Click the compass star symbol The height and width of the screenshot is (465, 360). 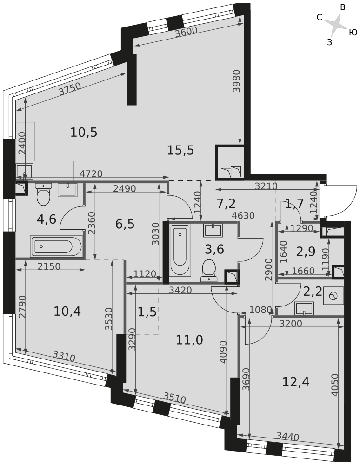[x=336, y=25]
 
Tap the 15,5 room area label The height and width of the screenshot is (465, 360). [x=180, y=150]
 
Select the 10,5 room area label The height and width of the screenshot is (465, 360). [x=84, y=133]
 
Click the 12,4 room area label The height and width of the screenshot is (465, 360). [x=296, y=382]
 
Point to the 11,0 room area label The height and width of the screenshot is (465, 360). [x=189, y=340]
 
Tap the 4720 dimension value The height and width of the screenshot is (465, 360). [x=91, y=174]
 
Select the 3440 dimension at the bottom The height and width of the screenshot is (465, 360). [x=287, y=437]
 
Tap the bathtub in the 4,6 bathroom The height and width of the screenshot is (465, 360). [x=56, y=246]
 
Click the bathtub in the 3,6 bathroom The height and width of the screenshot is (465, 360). [x=180, y=250]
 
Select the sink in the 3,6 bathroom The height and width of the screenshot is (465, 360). [x=213, y=231]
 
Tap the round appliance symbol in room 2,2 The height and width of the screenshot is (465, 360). [x=333, y=296]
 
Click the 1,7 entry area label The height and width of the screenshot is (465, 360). [x=294, y=203]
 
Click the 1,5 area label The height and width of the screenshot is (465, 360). [x=147, y=313]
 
